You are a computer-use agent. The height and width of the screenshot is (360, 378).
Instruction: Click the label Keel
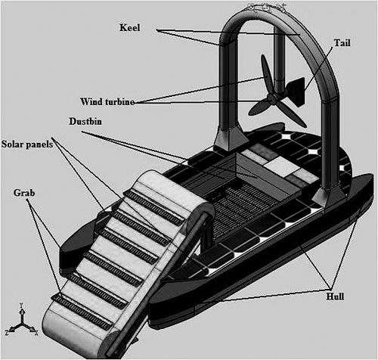[x=129, y=27]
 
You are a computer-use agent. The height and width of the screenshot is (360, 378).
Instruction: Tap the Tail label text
[x=342, y=42]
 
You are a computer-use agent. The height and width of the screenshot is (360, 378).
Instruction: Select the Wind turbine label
[x=107, y=101]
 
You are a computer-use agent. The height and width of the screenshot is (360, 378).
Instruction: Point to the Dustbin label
[x=85, y=121]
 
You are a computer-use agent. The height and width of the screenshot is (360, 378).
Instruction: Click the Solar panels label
[x=27, y=144]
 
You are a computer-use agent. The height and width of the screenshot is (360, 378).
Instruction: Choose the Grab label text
[x=24, y=193]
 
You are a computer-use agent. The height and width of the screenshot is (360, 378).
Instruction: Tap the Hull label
[x=335, y=296]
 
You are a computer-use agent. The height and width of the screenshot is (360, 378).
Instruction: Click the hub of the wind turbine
[x=271, y=98]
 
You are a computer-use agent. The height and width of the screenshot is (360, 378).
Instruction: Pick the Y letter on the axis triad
[x=21, y=306]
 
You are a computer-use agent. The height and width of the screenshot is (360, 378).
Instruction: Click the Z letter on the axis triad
[x=7, y=333]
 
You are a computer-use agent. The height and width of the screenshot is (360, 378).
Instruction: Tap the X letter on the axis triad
[x=36, y=333]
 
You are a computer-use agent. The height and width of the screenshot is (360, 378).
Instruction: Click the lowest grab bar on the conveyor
[x=82, y=312]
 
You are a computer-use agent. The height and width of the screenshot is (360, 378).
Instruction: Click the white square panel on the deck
[x=282, y=166]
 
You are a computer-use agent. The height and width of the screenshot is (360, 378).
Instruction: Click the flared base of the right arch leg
[x=330, y=198]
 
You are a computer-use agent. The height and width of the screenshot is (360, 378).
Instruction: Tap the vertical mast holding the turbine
[x=280, y=63]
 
